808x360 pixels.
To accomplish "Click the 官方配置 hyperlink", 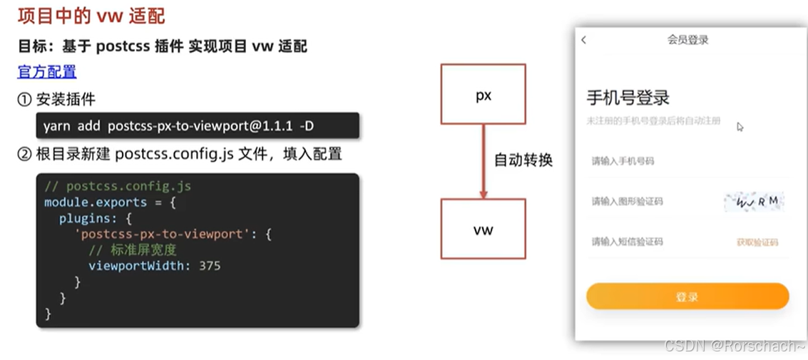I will [x=47, y=72].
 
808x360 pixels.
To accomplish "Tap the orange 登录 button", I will [x=687, y=297].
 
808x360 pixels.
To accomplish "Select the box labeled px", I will [x=483, y=95].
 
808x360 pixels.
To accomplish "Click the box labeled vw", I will [x=483, y=229].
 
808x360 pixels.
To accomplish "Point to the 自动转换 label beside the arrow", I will [x=523, y=160].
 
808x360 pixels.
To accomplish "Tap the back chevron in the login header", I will [x=584, y=40].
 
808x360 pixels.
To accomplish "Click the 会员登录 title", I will [x=687, y=40].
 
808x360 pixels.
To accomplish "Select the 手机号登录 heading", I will [x=628, y=98].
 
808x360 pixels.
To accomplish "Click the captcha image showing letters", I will [x=754, y=202].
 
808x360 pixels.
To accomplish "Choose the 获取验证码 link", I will [x=757, y=242].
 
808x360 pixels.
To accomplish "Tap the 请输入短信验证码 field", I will [x=627, y=242].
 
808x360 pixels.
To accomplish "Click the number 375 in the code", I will [x=210, y=266].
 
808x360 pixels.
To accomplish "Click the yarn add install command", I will [x=178, y=126].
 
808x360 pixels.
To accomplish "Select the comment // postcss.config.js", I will [x=118, y=187].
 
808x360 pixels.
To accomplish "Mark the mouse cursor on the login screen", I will [x=740, y=127].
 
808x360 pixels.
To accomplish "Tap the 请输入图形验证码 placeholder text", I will [x=627, y=202].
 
